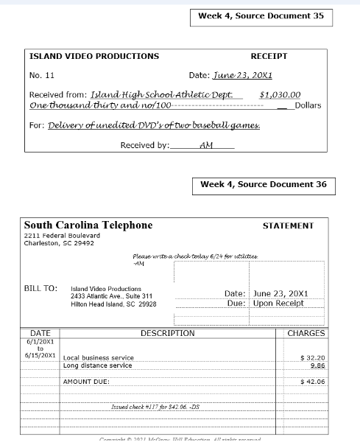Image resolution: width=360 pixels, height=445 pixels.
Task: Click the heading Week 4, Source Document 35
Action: [261, 16]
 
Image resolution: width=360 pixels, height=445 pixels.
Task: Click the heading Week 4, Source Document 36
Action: [263, 184]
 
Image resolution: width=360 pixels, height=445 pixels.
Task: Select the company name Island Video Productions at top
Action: [93, 56]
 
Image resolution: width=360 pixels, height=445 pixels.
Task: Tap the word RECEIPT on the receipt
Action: [269, 56]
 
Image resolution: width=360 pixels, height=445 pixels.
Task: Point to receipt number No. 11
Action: [41, 75]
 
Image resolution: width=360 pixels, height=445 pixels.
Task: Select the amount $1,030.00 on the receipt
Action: [280, 94]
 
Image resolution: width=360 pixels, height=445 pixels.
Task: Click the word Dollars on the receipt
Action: [308, 105]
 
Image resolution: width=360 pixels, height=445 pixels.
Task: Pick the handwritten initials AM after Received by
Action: [206, 144]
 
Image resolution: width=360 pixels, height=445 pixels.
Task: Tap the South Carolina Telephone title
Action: [88, 225]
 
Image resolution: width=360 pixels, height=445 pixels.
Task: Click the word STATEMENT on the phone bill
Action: [288, 226]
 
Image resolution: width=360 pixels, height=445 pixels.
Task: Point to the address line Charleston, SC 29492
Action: [59, 242]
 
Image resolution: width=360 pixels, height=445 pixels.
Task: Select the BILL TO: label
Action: [40, 288]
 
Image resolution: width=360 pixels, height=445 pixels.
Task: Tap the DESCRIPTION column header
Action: [168, 333]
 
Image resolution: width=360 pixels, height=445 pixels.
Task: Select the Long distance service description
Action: [97, 365]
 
